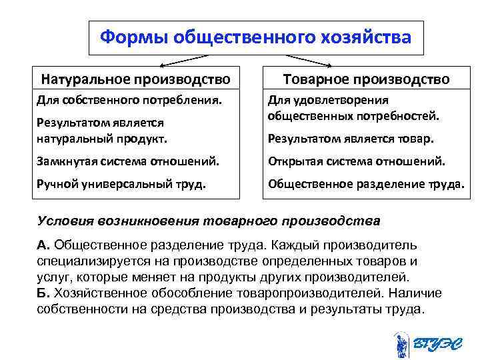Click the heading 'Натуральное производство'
tap(136, 79)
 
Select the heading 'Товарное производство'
tap(366, 79)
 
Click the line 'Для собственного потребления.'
tap(127, 100)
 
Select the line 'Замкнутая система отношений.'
tap(126, 161)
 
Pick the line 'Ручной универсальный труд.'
tap(119, 183)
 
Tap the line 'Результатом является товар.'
tap(351, 139)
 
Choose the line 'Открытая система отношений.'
tap(356, 161)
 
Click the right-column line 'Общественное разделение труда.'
tap(365, 183)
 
